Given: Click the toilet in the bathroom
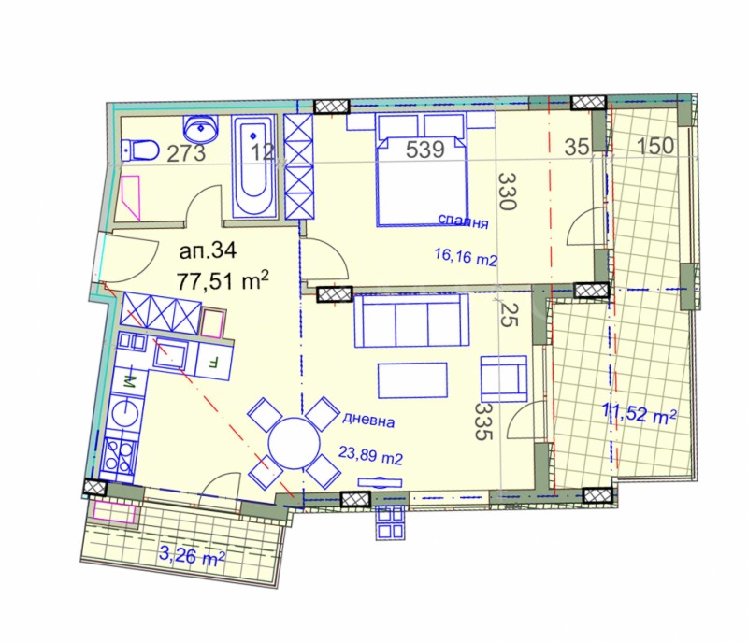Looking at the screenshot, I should coord(137,149).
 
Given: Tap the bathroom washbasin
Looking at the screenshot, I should coord(199,126).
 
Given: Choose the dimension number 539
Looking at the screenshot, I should coord(424,150).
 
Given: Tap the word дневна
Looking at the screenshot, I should coord(367,421).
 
